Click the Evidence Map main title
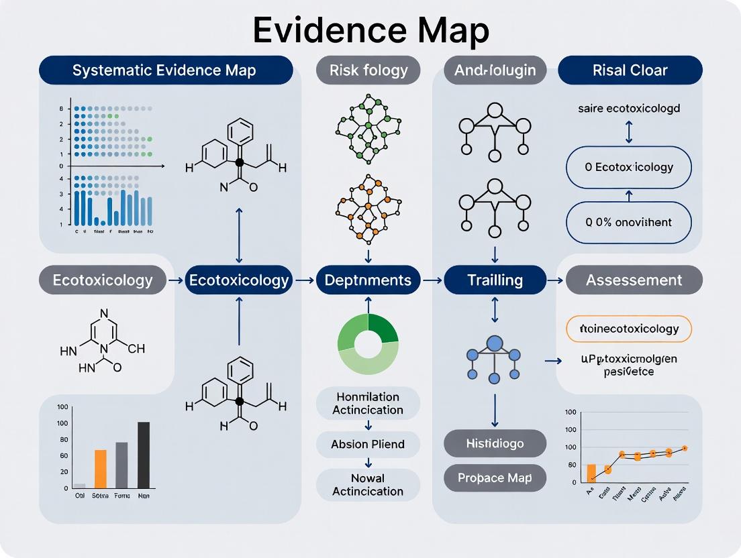coord(370,30)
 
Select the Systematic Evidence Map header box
coord(165,70)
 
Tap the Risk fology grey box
coord(368,70)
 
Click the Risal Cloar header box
coord(630,70)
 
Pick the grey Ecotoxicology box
coord(103,280)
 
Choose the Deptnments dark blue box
coord(368,280)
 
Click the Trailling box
coord(495,280)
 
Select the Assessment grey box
coord(634,280)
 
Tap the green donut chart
coord(368,343)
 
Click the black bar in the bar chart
coord(143,455)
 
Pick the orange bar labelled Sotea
coord(101,468)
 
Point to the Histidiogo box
coord(495,443)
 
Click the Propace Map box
coord(495,478)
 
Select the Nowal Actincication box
coord(368,484)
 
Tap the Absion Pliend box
coord(368,444)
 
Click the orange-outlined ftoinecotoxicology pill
coord(629,329)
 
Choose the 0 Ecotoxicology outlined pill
coord(629,167)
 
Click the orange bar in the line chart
coord(591,473)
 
